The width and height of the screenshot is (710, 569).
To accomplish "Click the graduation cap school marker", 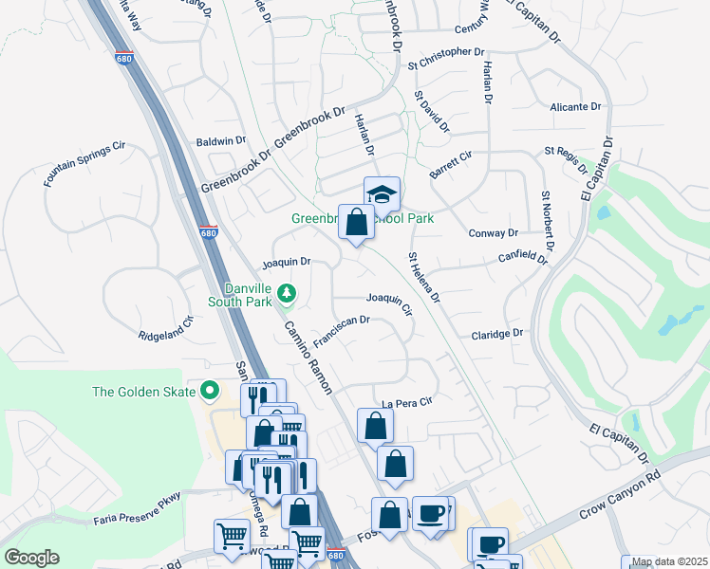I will point(382,194).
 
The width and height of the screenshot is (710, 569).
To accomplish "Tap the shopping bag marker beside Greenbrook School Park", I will point(356,224).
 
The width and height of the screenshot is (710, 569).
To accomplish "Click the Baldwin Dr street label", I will point(221,141).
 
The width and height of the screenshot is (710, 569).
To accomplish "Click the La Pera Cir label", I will point(407,401).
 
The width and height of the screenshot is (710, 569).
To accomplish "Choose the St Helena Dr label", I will point(424,278).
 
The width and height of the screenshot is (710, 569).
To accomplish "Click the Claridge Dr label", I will point(497,335).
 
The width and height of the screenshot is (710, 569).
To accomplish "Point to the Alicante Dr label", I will point(576,108).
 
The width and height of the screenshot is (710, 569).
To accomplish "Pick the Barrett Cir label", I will point(451,165).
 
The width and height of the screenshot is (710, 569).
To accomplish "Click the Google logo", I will point(31,558).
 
